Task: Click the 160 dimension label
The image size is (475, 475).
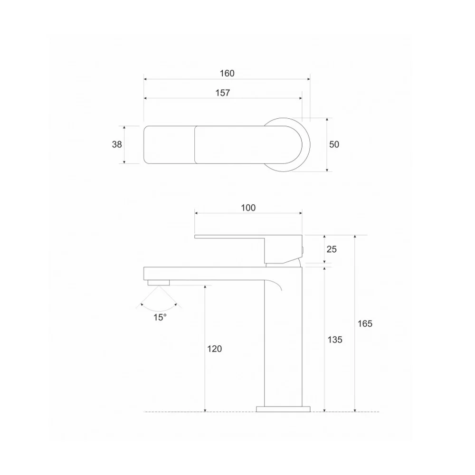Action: tap(227, 73)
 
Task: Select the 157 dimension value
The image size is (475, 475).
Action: tap(223, 93)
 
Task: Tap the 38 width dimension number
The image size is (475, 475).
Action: tap(117, 144)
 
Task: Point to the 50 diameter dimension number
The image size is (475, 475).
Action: tap(334, 144)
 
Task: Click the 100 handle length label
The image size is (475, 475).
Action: tap(248, 208)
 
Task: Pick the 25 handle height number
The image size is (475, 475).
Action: tap(332, 249)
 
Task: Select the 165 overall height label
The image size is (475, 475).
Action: tap(365, 324)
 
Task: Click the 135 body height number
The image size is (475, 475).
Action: tap(335, 340)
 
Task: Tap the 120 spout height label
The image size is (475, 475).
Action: tap(215, 349)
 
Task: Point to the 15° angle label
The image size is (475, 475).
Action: tap(160, 317)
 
